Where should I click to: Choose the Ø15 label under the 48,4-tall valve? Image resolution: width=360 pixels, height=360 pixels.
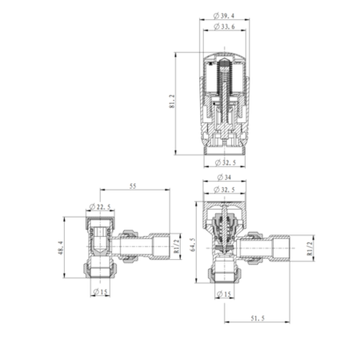point(99,291)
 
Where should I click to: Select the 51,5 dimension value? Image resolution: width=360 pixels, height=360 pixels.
point(258,319)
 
